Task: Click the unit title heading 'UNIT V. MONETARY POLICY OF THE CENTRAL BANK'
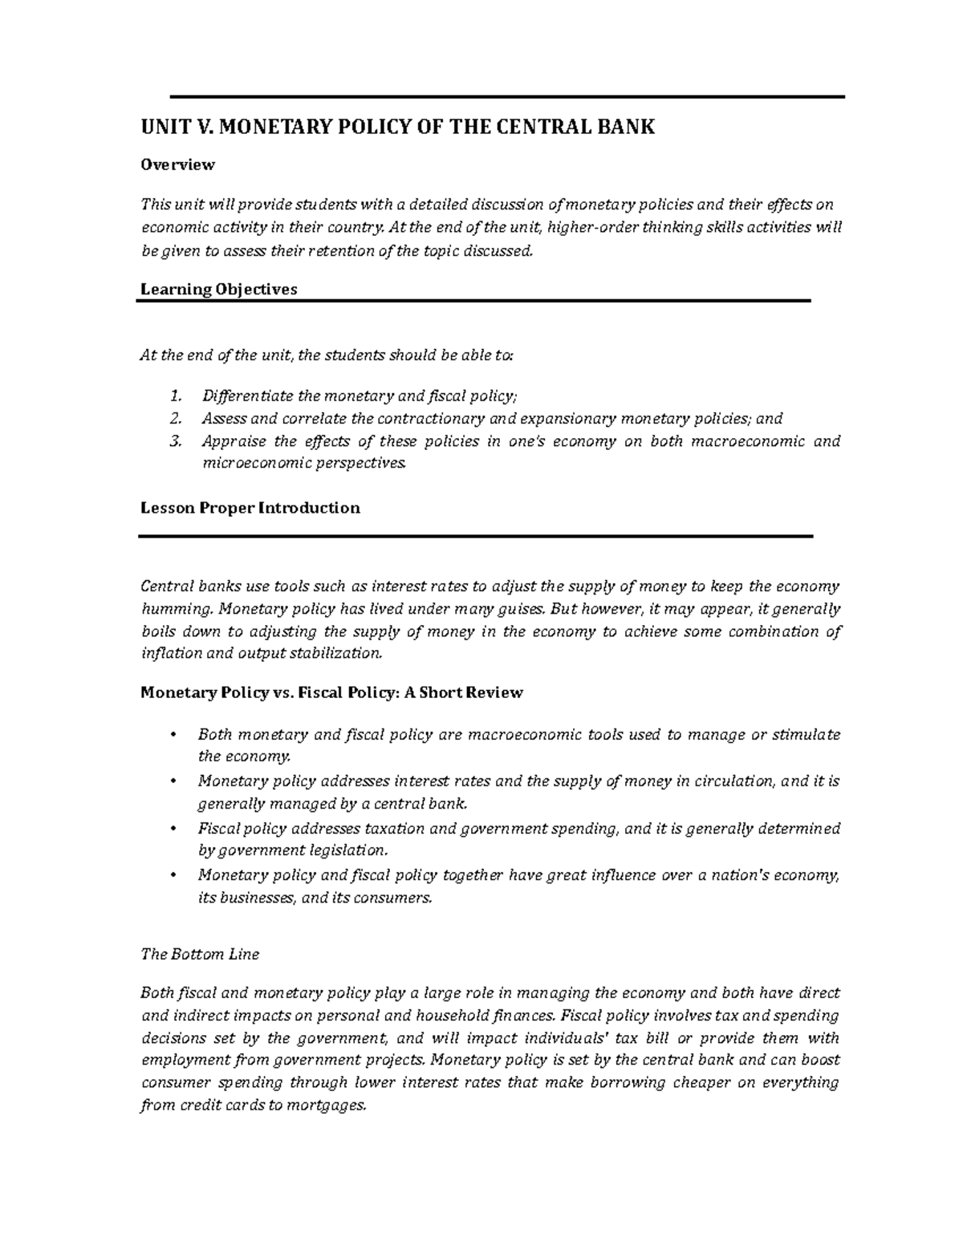pos(398,127)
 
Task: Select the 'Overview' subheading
pos(177,164)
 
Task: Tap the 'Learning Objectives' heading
pos(218,289)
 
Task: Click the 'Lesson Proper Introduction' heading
pos(250,508)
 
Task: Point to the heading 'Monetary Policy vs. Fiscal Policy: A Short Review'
pos(331,692)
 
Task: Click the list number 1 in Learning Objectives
pos(176,396)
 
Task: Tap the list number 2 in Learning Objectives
pos(176,418)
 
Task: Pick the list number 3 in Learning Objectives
pos(176,440)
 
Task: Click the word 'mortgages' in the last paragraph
pos(331,1105)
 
